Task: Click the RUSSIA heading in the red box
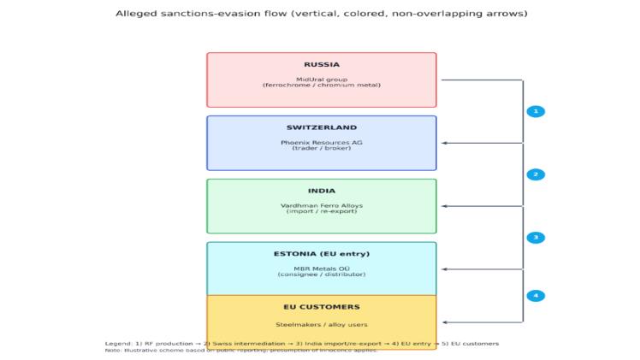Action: click(x=322, y=65)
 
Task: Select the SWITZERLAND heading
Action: click(x=322, y=128)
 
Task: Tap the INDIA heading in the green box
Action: click(x=322, y=191)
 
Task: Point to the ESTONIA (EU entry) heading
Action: click(x=322, y=254)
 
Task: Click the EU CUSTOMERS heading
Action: click(x=322, y=307)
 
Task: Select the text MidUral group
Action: click(x=322, y=80)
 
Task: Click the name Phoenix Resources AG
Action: click(x=322, y=143)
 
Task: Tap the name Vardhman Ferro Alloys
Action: click(x=322, y=205)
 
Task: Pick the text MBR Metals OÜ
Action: click(x=322, y=269)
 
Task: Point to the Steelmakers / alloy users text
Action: click(x=322, y=325)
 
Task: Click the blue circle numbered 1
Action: click(x=536, y=112)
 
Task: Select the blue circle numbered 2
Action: click(x=536, y=174)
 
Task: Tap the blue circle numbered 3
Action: click(x=536, y=238)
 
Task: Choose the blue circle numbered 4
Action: click(x=536, y=296)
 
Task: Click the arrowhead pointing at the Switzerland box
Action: click(x=444, y=144)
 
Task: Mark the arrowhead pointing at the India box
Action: click(x=444, y=206)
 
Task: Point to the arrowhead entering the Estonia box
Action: click(x=444, y=269)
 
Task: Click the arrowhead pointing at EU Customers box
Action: click(x=444, y=322)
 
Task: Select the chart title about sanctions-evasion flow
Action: click(x=322, y=14)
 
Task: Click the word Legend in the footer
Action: click(x=118, y=344)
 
